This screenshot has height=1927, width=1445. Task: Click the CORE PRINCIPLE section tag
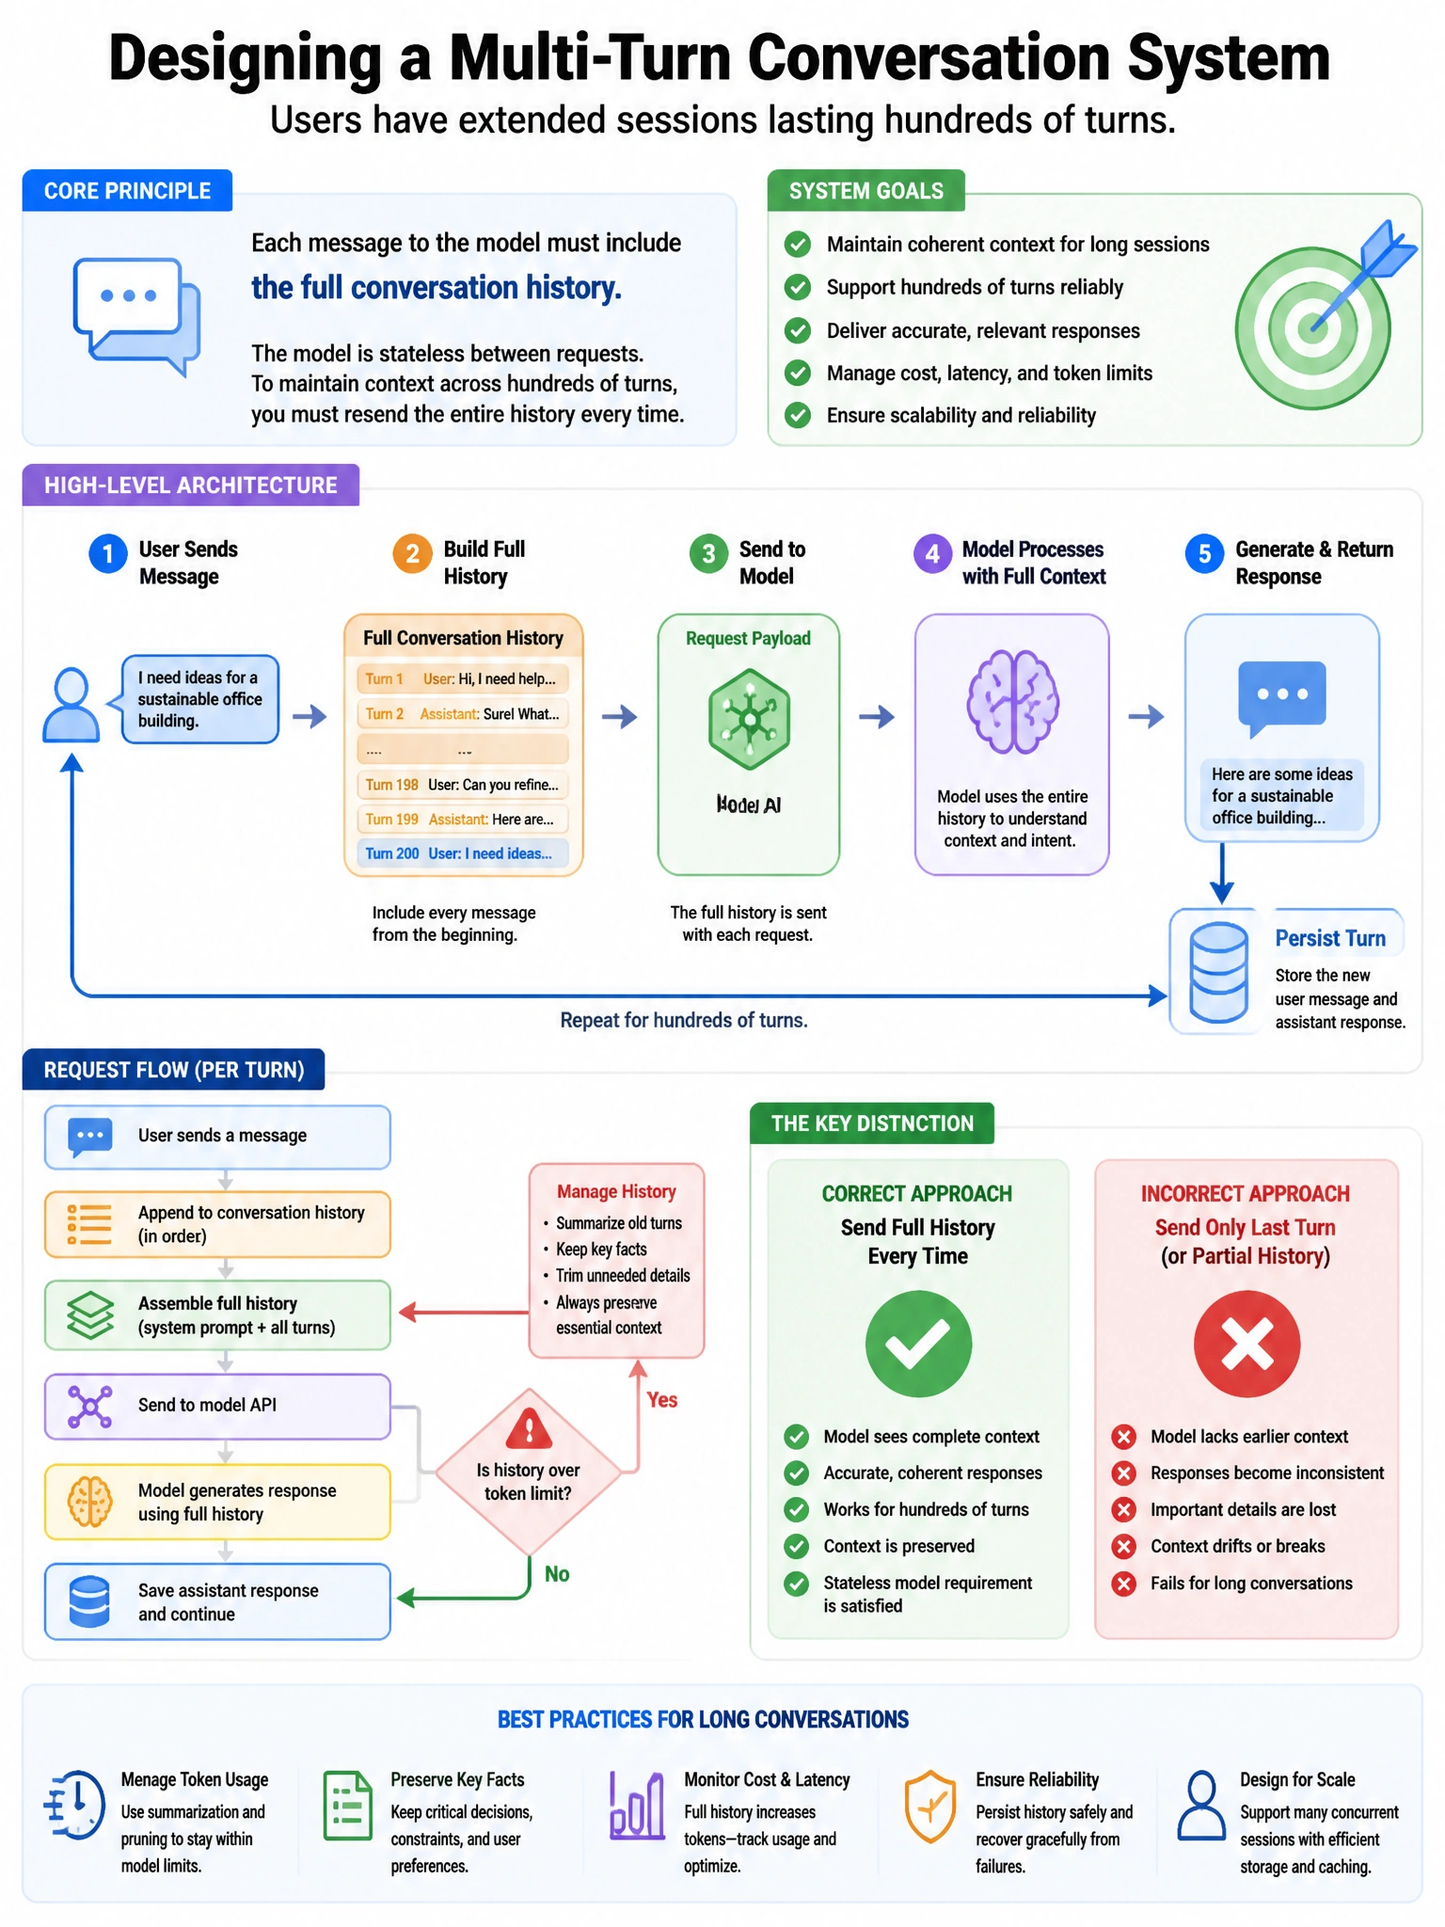tap(127, 191)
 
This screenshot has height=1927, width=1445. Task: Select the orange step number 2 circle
tap(412, 554)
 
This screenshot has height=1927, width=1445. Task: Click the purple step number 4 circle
tap(932, 554)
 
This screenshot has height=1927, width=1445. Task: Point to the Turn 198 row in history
tap(463, 785)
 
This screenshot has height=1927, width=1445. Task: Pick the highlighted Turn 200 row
tap(463, 853)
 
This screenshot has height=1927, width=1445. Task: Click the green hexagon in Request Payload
tap(749, 720)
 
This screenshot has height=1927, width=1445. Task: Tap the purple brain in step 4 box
tap(1012, 701)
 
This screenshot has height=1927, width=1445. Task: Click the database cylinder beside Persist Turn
tap(1218, 973)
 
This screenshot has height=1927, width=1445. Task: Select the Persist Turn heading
tap(1330, 938)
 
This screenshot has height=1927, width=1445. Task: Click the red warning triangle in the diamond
tap(529, 1427)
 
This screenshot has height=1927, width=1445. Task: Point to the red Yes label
tap(662, 1400)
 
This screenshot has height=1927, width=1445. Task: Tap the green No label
tap(557, 1574)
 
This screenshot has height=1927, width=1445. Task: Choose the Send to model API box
tap(217, 1406)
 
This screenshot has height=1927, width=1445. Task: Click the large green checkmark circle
tap(918, 1344)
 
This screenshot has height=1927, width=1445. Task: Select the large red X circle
tap(1247, 1344)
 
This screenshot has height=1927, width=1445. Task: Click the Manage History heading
tap(616, 1191)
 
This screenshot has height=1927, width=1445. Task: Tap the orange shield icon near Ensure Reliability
tap(930, 1807)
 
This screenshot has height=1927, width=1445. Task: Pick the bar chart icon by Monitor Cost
tap(637, 1805)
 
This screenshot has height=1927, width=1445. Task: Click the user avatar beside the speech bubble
tap(71, 705)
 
